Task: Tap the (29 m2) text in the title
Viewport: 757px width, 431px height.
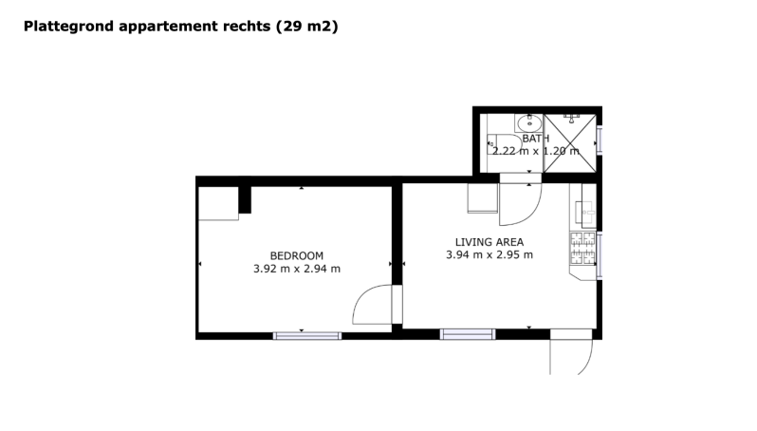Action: pos(307,26)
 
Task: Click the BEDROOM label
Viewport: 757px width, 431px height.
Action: pos(296,255)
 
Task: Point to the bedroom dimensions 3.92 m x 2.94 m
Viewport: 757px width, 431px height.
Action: pos(297,269)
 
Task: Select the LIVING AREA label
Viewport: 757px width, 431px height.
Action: pos(489,242)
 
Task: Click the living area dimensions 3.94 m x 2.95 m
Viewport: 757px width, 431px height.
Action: pos(489,254)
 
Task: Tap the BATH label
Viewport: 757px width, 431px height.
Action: pos(535,139)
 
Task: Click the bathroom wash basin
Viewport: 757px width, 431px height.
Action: pos(529,123)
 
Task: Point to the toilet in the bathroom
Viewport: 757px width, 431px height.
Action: pos(505,144)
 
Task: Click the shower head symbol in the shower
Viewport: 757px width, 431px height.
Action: pos(571,118)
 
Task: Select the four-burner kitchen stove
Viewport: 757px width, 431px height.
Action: pos(582,249)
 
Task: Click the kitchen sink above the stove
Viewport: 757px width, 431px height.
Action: pos(585,214)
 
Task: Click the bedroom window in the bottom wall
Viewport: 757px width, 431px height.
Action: pos(307,336)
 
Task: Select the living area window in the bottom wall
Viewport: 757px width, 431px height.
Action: pos(468,334)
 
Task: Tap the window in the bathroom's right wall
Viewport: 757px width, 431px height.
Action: pos(600,141)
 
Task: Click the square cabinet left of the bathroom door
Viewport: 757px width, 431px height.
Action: pos(483,198)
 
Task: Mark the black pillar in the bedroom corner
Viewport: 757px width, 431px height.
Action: pos(245,199)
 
